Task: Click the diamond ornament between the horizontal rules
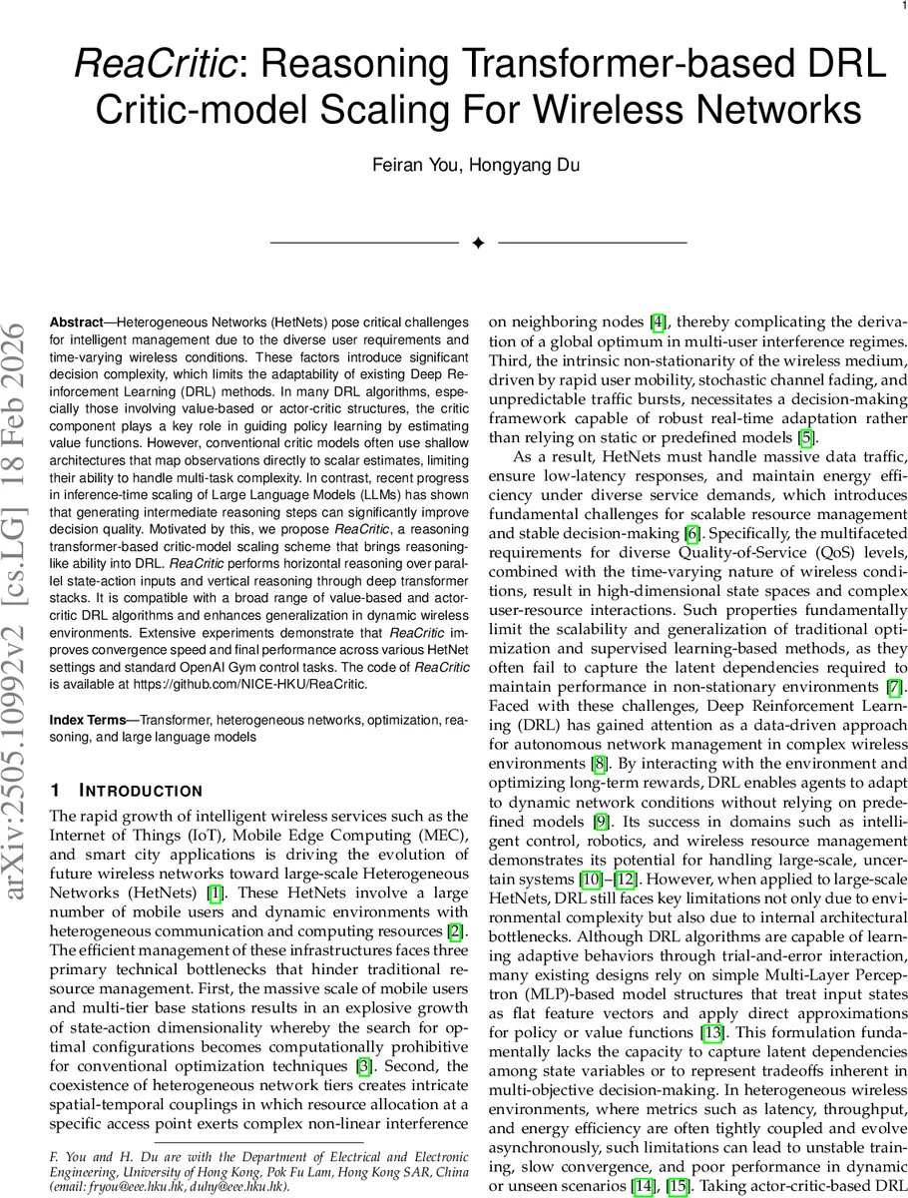(x=478, y=244)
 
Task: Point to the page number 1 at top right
(x=902, y=6)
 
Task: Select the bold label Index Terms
(x=87, y=720)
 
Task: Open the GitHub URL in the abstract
(x=252, y=684)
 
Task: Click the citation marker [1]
(x=242, y=892)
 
